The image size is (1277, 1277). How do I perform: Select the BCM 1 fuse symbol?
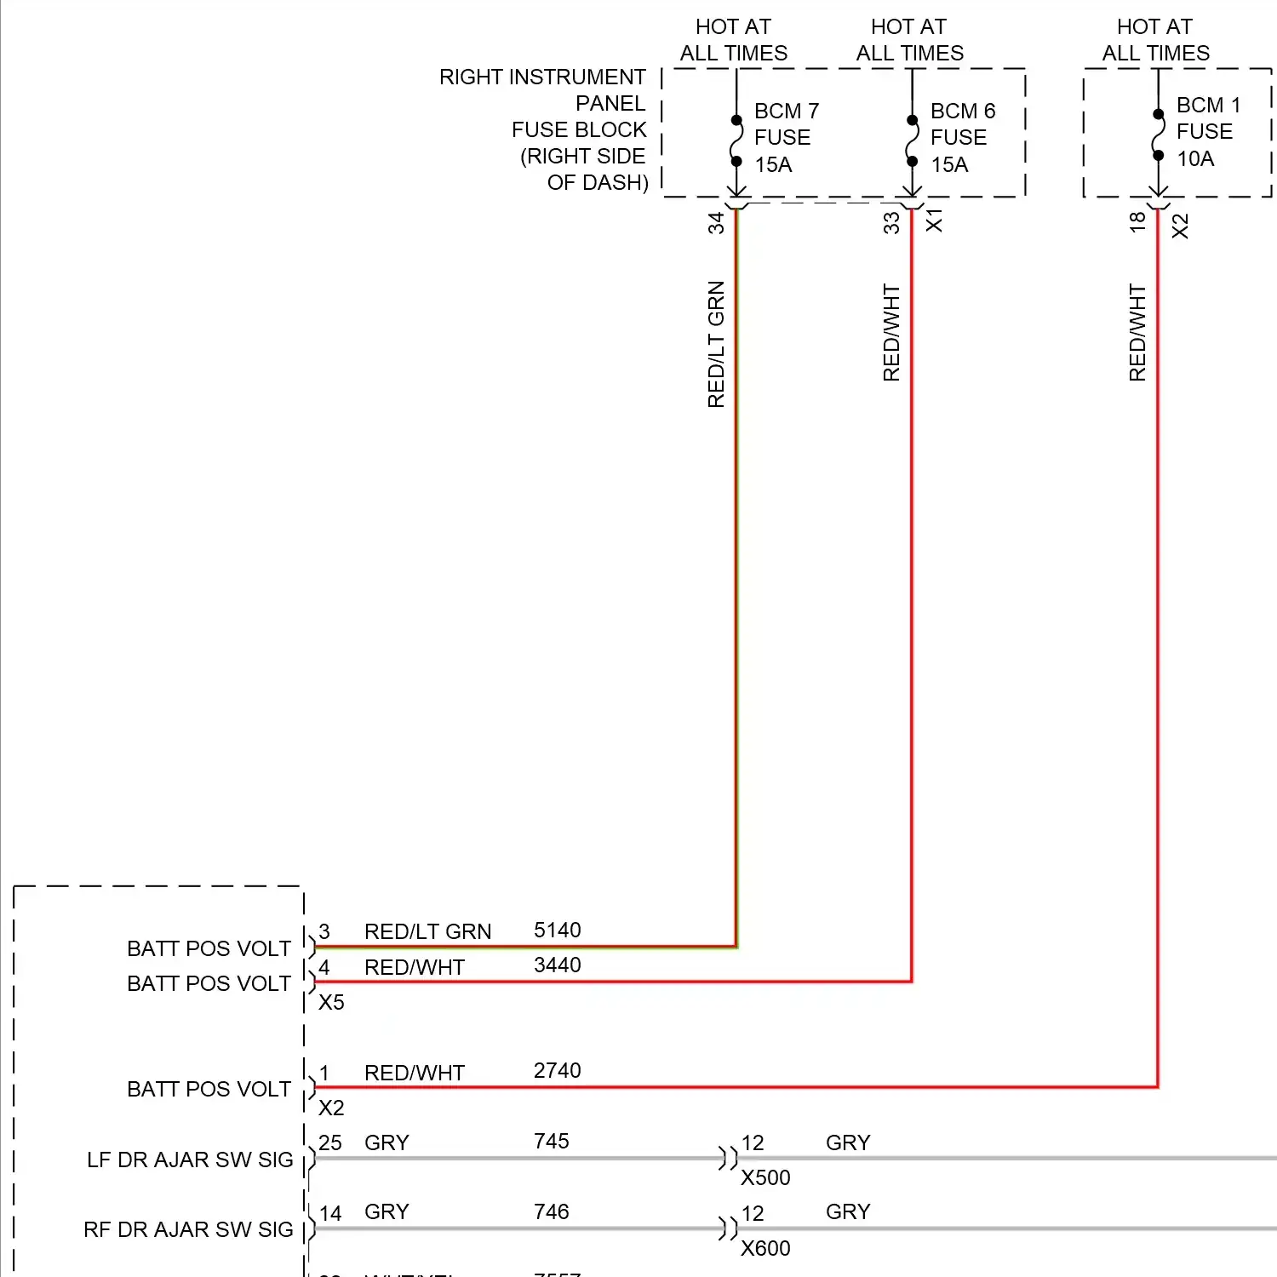[1158, 135]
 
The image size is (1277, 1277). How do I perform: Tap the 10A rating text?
[1195, 159]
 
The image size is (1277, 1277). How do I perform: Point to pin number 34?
[716, 223]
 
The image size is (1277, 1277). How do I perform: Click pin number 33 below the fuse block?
[891, 223]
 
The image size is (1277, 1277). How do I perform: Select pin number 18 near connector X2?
[1137, 222]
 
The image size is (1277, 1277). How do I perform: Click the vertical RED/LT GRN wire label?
[716, 344]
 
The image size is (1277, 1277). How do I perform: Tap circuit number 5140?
[557, 930]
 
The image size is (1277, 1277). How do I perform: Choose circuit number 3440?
[557, 965]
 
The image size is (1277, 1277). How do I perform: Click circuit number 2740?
[557, 1070]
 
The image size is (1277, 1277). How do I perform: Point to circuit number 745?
[551, 1141]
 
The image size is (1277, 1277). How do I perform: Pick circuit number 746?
[551, 1211]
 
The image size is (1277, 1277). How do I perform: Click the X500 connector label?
[765, 1177]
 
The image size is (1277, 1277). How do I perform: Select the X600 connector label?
[765, 1248]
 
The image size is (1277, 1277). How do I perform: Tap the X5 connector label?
[331, 1003]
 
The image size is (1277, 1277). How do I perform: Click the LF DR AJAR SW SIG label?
[190, 1160]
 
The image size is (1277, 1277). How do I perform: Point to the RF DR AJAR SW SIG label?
[188, 1229]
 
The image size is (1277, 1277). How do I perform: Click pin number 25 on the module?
[329, 1142]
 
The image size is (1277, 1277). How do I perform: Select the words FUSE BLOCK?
[579, 129]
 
